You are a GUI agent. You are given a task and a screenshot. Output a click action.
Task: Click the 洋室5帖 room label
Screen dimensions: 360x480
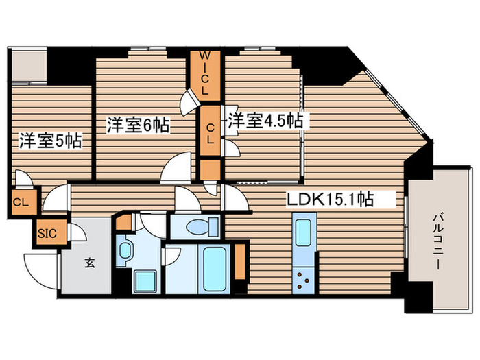pos(51,141)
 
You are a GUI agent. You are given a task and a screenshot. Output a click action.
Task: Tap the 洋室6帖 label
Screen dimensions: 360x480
pos(138,125)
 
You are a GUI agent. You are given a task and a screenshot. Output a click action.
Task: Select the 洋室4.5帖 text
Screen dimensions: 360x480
pos(266,121)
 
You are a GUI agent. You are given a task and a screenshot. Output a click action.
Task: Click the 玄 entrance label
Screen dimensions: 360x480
pos(90,261)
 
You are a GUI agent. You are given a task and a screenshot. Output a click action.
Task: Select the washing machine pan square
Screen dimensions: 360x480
pos(145,280)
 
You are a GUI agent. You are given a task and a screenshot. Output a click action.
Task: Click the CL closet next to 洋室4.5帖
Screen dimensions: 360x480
pos(211,130)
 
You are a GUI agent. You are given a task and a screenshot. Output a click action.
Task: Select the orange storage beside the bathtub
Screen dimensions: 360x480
pos(239,261)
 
